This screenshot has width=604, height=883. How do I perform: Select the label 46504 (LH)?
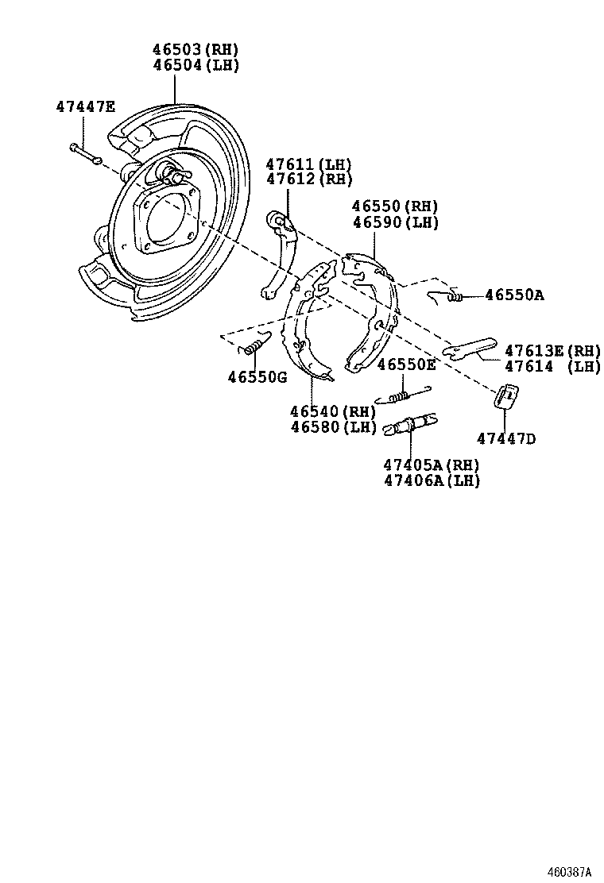pyautogui.click(x=196, y=65)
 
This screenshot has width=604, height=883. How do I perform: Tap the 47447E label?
pyautogui.click(x=85, y=106)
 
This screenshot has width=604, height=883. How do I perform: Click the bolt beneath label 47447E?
pyautogui.click(x=83, y=152)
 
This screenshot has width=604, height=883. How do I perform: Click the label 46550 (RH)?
pyautogui.click(x=396, y=207)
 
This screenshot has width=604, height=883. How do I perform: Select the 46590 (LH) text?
pyautogui.click(x=396, y=222)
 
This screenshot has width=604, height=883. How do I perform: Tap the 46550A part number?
pyautogui.click(x=514, y=295)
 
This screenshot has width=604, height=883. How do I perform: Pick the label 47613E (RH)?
pyautogui.click(x=552, y=350)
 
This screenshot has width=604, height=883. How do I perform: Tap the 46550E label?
pyautogui.click(x=406, y=364)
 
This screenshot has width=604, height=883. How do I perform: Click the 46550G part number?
pyautogui.click(x=257, y=376)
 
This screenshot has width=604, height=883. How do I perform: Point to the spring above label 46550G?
pyautogui.click(x=254, y=345)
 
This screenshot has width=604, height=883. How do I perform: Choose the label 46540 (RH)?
pyautogui.click(x=332, y=411)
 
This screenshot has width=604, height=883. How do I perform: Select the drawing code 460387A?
pyautogui.click(x=569, y=871)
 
